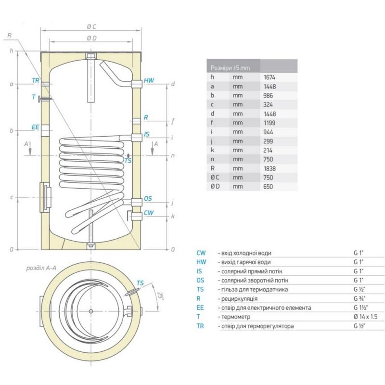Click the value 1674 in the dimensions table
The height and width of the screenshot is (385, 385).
coord(269,77)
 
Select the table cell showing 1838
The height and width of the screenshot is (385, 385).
coord(269,169)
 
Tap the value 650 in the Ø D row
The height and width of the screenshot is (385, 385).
coord(268,187)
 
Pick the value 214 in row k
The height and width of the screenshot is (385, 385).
coord(268,150)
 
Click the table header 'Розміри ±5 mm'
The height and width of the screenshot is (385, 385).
coord(231,68)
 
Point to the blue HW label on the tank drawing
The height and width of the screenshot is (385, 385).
coord(149,80)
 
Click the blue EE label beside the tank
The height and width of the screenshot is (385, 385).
coord(35,127)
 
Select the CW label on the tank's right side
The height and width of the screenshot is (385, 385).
coord(149,213)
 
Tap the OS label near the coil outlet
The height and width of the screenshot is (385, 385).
coord(148,198)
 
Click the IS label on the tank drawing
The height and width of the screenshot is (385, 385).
coord(147,134)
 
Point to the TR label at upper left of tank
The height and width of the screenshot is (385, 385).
coord(36,80)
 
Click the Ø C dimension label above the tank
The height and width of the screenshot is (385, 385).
coord(91,26)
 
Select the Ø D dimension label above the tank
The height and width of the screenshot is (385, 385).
coord(91,38)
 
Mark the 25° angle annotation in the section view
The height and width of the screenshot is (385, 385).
coord(160,295)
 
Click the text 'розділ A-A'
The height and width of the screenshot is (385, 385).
coord(41,268)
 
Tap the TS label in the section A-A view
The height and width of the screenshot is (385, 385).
coord(140,283)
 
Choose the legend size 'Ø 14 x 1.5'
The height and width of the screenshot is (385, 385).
coord(366,317)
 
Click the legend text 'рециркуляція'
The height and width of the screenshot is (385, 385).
coord(239,299)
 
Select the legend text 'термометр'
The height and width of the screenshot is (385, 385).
coord(236,317)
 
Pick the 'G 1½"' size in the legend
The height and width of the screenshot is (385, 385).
coord(359,308)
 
